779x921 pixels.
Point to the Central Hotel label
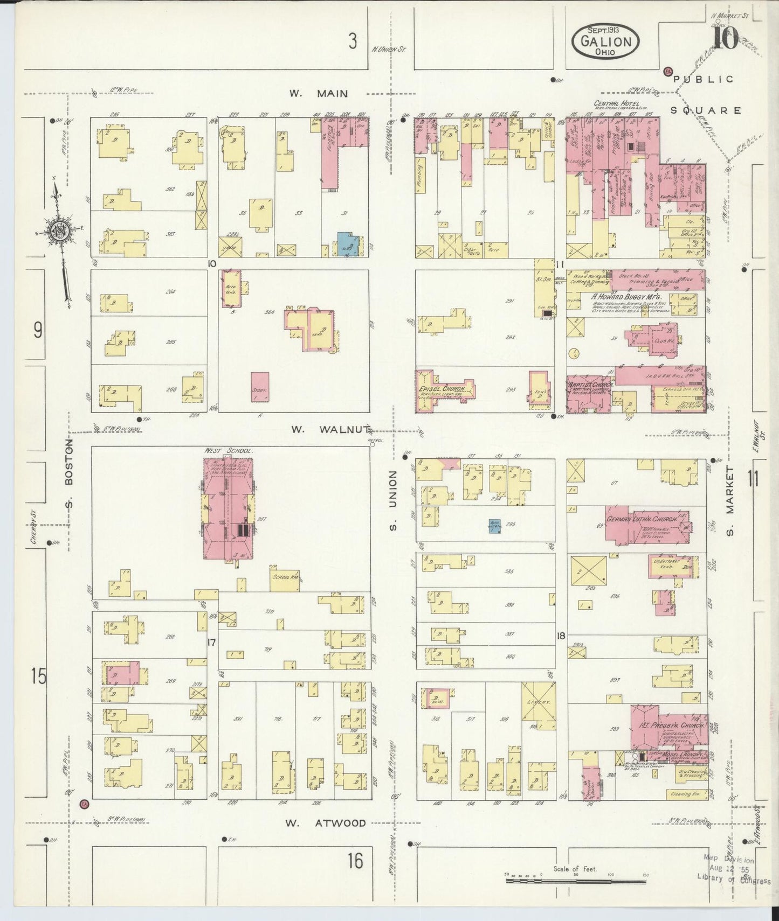pyautogui.click(x=616, y=103)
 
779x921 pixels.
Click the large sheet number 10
pyautogui.click(x=725, y=39)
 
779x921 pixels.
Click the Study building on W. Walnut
pyautogui.click(x=260, y=386)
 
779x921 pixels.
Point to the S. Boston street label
pyautogui.click(x=69, y=472)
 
